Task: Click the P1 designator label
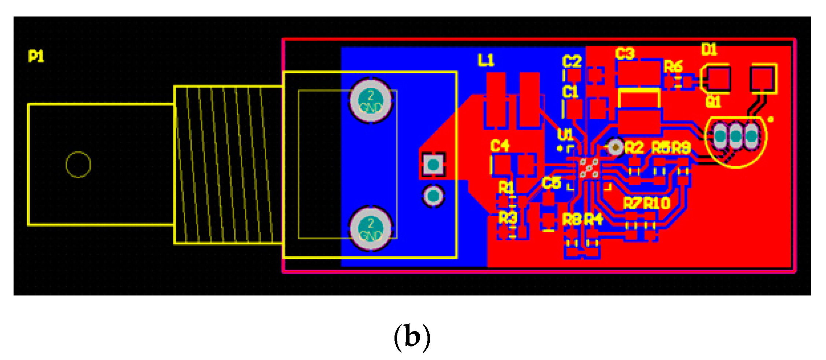(x=36, y=56)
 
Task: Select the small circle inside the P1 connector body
(x=78, y=165)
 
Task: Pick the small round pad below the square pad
(x=433, y=196)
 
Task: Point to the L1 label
(x=486, y=60)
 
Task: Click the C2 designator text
(x=572, y=62)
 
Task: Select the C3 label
(x=624, y=54)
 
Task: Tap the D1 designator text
(x=709, y=49)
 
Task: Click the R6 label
(x=673, y=67)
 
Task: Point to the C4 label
(x=500, y=146)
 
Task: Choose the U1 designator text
(x=565, y=135)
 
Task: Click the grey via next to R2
(x=616, y=147)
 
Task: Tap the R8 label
(x=572, y=220)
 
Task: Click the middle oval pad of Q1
(x=735, y=136)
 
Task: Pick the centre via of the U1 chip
(x=589, y=168)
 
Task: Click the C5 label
(x=551, y=183)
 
